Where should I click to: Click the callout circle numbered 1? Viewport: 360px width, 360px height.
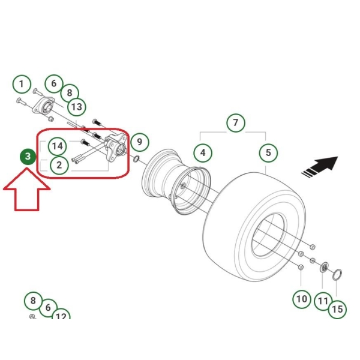pyautogui.click(x=22, y=84)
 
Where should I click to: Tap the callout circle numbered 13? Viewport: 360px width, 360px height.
pyautogui.click(x=76, y=107)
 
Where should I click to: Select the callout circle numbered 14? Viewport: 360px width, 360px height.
pyautogui.click(x=57, y=146)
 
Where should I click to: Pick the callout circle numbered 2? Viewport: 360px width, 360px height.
pyautogui.click(x=59, y=165)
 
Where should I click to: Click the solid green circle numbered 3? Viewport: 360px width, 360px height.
pyautogui.click(x=28, y=157)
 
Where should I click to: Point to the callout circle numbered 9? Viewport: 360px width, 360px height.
pyautogui.click(x=140, y=142)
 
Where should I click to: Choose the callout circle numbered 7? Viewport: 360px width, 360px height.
pyautogui.click(x=236, y=122)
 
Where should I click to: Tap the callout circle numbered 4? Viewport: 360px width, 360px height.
pyautogui.click(x=203, y=152)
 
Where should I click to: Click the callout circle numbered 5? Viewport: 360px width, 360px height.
pyautogui.click(x=268, y=152)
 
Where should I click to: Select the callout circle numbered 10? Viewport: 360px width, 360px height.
pyautogui.click(x=302, y=299)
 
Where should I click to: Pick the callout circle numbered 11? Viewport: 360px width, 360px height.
pyautogui.click(x=323, y=301)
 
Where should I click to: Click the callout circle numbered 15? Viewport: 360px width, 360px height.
pyautogui.click(x=337, y=309)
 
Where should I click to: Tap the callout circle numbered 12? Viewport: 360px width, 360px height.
pyautogui.click(x=61, y=315)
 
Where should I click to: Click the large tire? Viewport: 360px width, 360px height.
pyautogui.click(x=254, y=227)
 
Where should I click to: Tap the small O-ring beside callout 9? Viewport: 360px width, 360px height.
pyautogui.click(x=136, y=158)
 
